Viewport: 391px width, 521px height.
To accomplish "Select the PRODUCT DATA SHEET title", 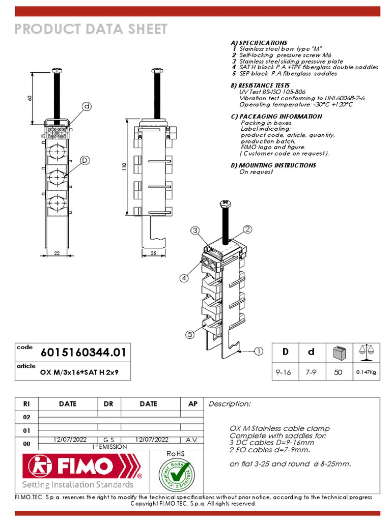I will pyautogui.click(x=91, y=29).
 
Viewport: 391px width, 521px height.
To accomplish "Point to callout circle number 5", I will pyautogui.click(x=190, y=334).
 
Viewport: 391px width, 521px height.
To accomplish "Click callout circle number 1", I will pyautogui.click(x=259, y=351).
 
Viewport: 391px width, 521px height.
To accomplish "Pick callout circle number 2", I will pyautogui.click(x=247, y=229).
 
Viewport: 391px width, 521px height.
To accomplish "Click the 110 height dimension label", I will pyautogui.click(x=124, y=167).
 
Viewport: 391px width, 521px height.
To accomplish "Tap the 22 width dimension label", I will pyautogui.click(x=57, y=253).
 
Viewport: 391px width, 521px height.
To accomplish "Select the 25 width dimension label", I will pyautogui.click(x=153, y=253).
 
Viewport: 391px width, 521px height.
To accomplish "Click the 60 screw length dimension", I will pyautogui.click(x=30, y=98).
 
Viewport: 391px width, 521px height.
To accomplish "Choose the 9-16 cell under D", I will pyautogui.click(x=283, y=372).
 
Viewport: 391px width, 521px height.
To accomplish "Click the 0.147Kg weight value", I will pyautogui.click(x=367, y=372).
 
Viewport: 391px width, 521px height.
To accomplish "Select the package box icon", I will pyautogui.click(x=338, y=352).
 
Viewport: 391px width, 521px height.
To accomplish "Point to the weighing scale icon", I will pyautogui.click(x=367, y=350).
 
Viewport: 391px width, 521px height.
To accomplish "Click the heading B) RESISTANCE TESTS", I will pyautogui.click(x=260, y=85).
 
